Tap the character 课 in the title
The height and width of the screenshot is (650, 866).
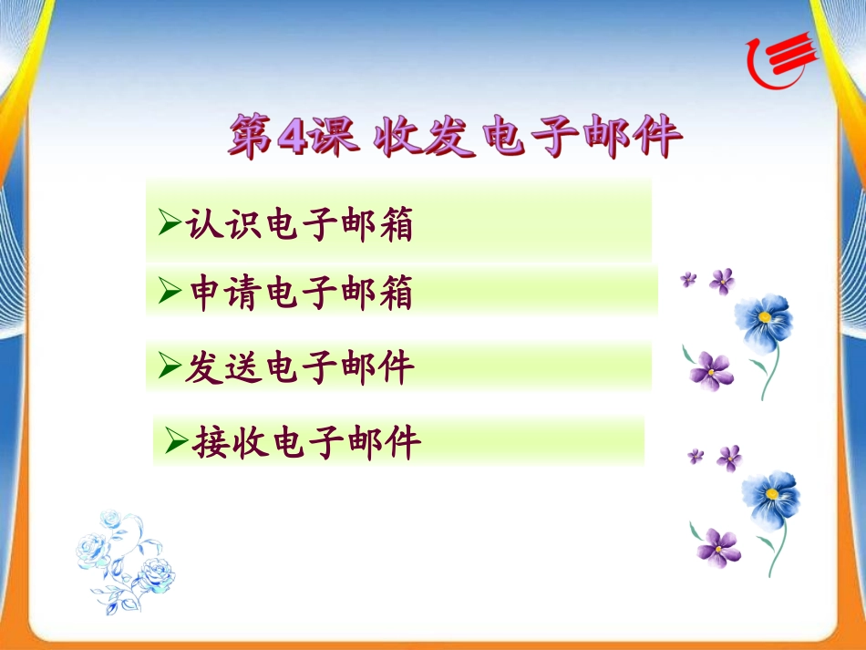(x=334, y=135)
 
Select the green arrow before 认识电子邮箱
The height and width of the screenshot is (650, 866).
(x=170, y=222)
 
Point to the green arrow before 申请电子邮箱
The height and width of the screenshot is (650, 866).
(x=170, y=291)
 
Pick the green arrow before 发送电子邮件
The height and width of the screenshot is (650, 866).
(x=170, y=366)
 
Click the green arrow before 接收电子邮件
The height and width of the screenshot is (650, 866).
(x=177, y=440)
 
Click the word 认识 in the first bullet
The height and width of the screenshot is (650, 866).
(x=223, y=223)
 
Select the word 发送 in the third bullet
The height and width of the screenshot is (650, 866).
(x=223, y=367)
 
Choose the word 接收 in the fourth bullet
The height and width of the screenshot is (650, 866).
(x=231, y=442)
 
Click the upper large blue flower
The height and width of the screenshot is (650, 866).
(x=764, y=323)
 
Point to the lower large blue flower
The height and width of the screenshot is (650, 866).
(x=771, y=500)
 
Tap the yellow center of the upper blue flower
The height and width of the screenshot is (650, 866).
(x=765, y=317)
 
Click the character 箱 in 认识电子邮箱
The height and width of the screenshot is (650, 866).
(x=397, y=223)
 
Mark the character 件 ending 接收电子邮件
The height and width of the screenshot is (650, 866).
(x=403, y=442)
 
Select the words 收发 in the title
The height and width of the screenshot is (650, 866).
(x=423, y=136)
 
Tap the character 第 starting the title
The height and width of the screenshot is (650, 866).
(x=252, y=135)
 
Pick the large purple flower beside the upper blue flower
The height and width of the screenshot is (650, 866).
(x=711, y=371)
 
